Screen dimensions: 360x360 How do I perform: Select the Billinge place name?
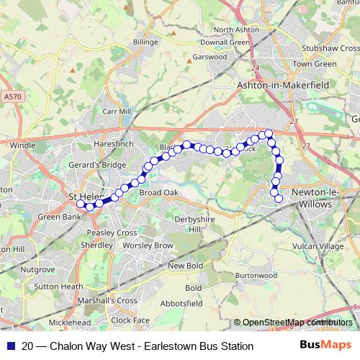(145, 42)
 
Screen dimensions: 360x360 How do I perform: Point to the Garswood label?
(210, 56)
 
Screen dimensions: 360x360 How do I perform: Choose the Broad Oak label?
(158, 193)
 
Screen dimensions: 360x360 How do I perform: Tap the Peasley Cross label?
(111, 233)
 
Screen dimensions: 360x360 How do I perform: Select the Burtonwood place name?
(256, 275)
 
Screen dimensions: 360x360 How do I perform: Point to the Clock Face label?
(130, 320)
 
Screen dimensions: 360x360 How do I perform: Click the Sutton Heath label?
(60, 286)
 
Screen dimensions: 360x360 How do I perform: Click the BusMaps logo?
(326, 346)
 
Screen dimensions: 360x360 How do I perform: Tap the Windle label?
(22, 145)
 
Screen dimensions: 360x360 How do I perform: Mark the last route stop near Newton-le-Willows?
(279, 198)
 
